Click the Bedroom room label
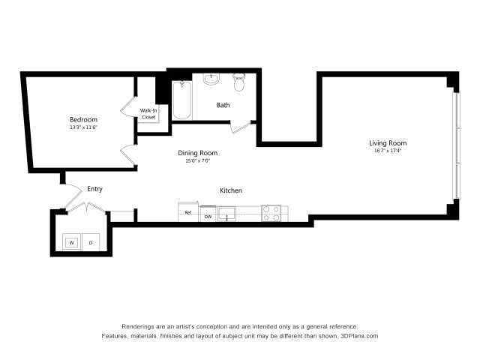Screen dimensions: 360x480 coord(83,119)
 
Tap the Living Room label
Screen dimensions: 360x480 coord(388,142)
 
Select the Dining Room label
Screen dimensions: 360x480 coord(197,153)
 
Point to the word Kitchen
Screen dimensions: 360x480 coord(231,190)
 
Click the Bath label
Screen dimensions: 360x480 coord(223,105)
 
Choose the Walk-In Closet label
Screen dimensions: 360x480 coord(148,114)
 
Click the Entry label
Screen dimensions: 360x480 coord(94,189)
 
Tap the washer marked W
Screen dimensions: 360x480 coord(72,242)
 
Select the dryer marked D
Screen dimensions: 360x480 coord(91,242)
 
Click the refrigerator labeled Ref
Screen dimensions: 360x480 coord(188,212)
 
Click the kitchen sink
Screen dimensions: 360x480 coord(226,214)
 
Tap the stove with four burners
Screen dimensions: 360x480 coord(271,213)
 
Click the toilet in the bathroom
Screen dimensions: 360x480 coord(239,82)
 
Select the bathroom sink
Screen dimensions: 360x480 coord(211,77)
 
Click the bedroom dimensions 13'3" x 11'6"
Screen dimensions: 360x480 coord(83,127)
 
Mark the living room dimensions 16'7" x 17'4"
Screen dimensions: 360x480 coord(388,151)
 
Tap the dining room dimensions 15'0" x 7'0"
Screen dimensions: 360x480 coord(197,161)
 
